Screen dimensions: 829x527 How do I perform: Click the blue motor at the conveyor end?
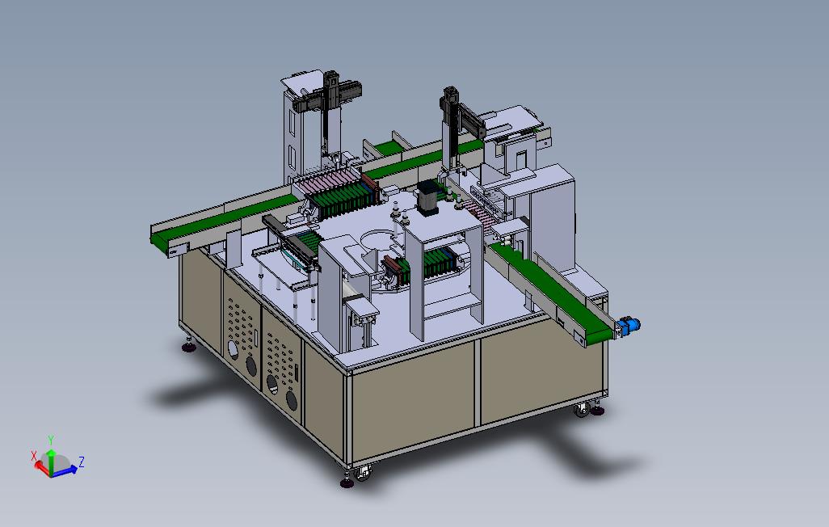[x=629, y=325]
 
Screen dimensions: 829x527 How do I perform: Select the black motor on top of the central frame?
[x=427, y=198]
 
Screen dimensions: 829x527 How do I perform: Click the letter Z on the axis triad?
[x=82, y=462]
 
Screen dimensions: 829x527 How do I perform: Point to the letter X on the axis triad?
[x=34, y=456]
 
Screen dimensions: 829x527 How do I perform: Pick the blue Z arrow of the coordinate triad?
[x=65, y=470]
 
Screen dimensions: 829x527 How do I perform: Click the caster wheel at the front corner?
[x=364, y=473]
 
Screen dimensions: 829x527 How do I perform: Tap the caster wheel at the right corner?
[x=582, y=409]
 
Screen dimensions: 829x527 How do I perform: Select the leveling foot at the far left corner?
[x=189, y=347]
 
